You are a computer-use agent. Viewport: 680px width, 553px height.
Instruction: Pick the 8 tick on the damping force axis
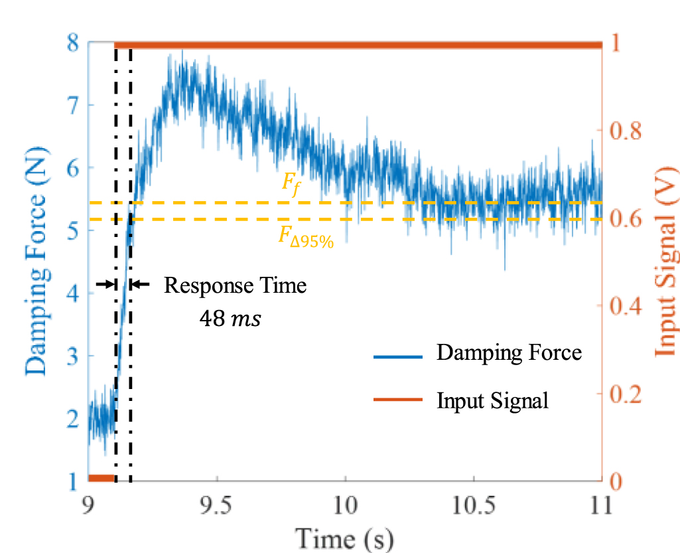[74, 43]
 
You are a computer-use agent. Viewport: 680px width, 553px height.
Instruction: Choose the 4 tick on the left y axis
[74, 293]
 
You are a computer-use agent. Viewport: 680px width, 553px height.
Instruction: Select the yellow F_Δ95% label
[305, 238]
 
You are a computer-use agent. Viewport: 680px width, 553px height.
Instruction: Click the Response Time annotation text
[236, 286]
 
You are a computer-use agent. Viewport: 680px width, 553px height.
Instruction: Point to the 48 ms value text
[230, 319]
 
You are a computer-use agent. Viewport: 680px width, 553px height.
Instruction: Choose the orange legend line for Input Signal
[398, 400]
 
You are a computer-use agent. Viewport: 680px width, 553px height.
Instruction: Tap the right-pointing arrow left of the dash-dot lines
[105, 284]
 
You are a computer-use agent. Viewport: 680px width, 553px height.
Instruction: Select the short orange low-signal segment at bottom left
[102, 478]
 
